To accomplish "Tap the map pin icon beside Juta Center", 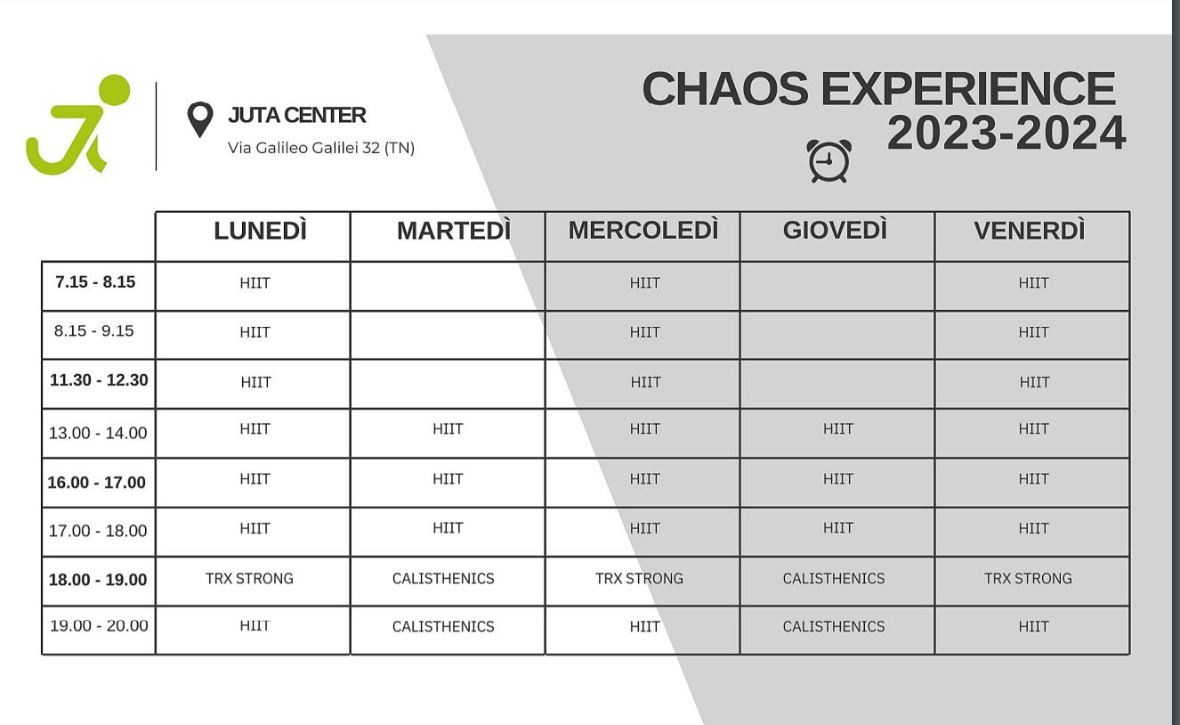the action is point(200,118).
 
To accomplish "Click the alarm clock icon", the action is point(828,161).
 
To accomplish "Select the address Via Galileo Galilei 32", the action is point(303,148).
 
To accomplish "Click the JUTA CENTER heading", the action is point(296,115).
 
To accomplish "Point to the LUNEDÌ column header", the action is point(260,231).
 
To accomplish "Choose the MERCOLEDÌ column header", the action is point(643,230).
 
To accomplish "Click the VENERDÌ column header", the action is point(1030,231).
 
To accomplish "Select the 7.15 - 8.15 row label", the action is point(95,282).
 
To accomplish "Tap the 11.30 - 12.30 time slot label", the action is point(99,380).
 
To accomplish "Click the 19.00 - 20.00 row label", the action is point(99,626).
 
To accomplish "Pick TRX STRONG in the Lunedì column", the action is point(249,578).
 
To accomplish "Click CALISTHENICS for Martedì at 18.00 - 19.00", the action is point(443,578).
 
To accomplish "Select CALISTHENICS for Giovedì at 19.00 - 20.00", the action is point(833,626).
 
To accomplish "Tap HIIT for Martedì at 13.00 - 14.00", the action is point(448,428).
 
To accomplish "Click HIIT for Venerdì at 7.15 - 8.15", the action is point(1033,283).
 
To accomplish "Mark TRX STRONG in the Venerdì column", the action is point(1028,578).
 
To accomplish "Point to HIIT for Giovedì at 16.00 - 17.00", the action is point(838,479).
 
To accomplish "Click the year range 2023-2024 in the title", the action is point(1006,133).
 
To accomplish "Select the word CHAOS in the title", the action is point(725,88).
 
